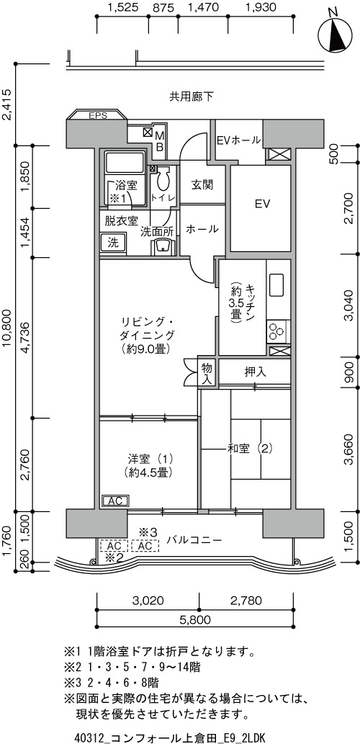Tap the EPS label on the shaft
98,115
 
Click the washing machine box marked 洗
112,243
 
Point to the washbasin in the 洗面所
163,246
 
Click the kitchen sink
276,284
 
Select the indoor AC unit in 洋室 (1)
115,501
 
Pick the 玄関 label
202,184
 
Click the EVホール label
238,140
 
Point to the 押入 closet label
255,372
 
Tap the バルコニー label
194,540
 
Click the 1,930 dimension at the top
261,7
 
